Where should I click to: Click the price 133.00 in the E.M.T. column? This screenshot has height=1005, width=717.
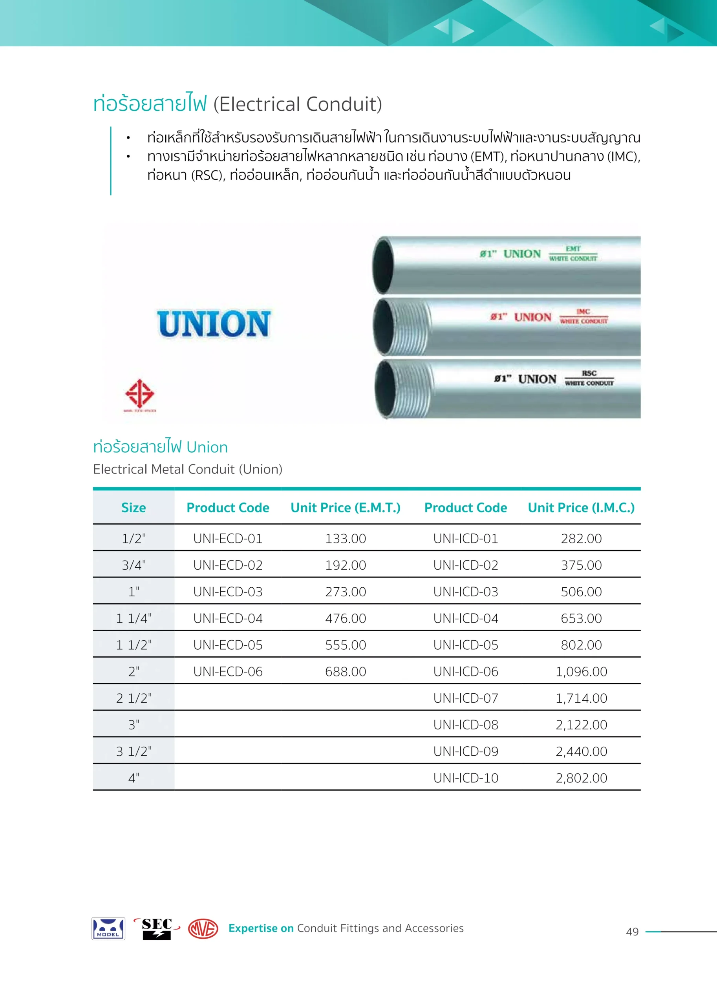345,539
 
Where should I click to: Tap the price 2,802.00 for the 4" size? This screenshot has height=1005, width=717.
581,778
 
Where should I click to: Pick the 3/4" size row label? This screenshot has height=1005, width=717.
134,565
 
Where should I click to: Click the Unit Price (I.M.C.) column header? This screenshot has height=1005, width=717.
581,508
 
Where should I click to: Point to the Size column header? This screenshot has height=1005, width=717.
134,508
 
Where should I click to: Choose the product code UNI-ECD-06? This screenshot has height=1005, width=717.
228,671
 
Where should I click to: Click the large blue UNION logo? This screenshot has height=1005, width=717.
214,324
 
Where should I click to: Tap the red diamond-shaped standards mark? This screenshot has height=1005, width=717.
139,393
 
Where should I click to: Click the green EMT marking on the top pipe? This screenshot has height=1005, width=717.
573,249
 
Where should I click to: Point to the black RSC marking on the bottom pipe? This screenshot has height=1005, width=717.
589,373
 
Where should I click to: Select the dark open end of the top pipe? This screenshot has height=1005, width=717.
383,266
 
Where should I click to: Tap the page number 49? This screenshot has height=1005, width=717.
632,931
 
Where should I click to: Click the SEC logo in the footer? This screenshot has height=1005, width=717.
157,928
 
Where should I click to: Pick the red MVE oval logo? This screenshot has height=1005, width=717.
203,928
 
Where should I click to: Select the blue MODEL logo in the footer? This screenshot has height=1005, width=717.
108,928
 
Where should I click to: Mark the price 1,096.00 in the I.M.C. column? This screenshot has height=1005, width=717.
581,671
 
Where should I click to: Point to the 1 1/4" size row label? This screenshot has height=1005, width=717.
134,618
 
